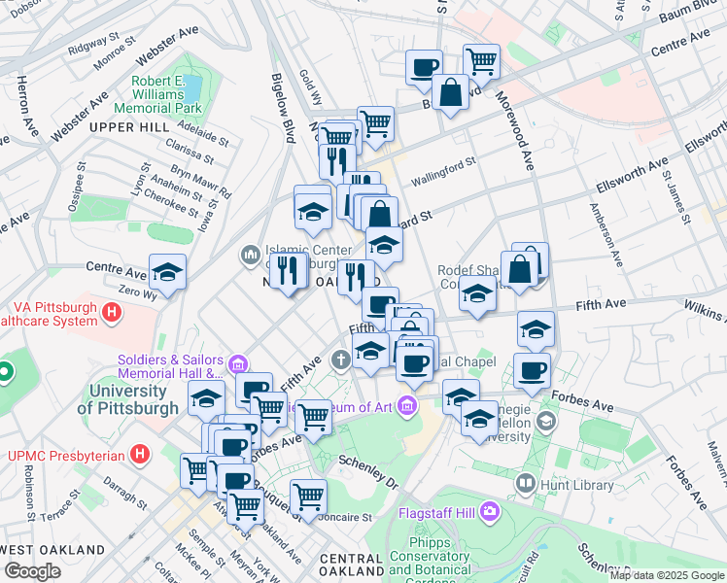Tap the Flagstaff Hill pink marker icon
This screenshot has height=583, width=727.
click(x=489, y=511)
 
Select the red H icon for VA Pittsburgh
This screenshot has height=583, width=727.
click(x=112, y=312)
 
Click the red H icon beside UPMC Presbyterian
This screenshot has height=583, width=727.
click(x=141, y=454)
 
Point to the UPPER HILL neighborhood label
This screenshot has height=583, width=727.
click(x=123, y=127)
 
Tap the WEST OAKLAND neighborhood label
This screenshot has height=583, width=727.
click(x=52, y=549)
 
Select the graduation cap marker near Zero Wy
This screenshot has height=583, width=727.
click(x=167, y=274)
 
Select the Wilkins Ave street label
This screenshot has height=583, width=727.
click(x=705, y=311)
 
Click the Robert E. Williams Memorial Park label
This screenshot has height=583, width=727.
click(x=158, y=95)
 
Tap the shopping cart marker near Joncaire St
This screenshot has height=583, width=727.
click(x=308, y=496)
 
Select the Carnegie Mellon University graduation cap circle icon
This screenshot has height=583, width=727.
click(x=546, y=420)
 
